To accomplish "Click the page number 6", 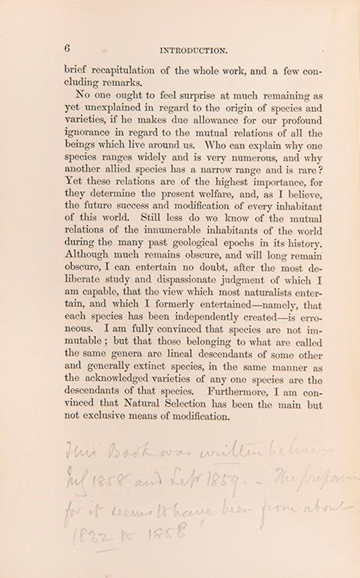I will pos(67,49).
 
